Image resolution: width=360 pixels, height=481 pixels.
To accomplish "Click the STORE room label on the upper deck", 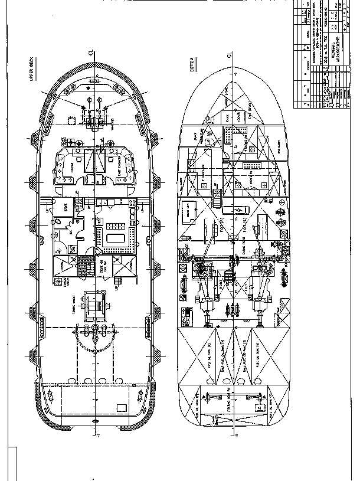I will (x=67, y=208).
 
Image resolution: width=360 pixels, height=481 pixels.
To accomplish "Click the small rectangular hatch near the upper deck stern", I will (x=123, y=408).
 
